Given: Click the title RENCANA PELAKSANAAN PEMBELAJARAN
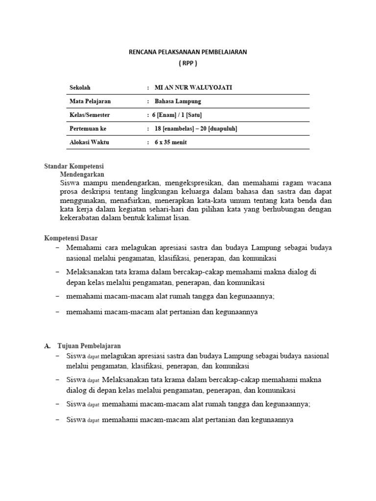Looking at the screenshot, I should (x=188, y=51).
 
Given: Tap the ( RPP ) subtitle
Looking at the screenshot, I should (x=188, y=64).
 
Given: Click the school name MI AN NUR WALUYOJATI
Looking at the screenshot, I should (x=193, y=87).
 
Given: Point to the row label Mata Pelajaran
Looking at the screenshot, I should (x=90, y=101).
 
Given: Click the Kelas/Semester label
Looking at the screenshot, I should (x=90, y=115).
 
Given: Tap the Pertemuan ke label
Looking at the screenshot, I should (x=88, y=129).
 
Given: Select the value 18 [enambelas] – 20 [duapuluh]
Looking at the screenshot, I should (x=196, y=129).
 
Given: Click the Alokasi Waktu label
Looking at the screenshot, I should (x=89, y=142).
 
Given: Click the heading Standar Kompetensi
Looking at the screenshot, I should (x=74, y=166).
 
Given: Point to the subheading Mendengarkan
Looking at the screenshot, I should (x=82, y=174).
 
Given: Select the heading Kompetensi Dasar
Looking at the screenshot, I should (x=71, y=238).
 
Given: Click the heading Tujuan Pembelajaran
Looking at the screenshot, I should (x=89, y=345).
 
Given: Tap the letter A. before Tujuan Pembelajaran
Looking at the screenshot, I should (x=47, y=345).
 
